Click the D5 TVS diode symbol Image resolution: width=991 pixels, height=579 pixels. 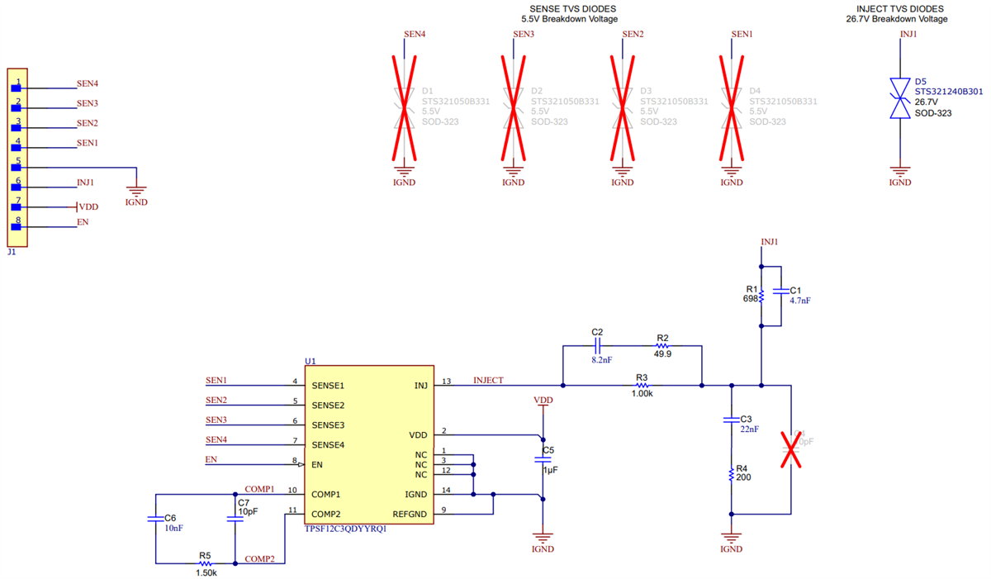tap(899, 97)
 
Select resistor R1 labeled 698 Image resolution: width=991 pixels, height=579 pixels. tap(761, 295)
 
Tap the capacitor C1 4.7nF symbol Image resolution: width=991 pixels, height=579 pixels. tap(781, 292)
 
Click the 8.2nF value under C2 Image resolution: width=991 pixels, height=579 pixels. tap(600, 360)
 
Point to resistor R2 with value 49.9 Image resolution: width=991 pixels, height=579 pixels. tap(661, 346)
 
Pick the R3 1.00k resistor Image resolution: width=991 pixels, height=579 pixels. tap(642, 385)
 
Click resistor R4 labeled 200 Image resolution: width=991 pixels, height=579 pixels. tap(731, 474)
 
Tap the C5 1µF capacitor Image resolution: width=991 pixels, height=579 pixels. tap(543, 458)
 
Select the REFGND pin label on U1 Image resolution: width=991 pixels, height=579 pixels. tap(410, 515)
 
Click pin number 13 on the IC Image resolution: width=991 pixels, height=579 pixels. tap(446, 382)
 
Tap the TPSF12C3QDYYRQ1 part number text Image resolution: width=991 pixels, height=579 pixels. tap(345, 529)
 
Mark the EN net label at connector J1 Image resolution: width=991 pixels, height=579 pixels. tap(83, 223)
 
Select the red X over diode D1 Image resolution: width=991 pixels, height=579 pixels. tap(403, 107)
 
